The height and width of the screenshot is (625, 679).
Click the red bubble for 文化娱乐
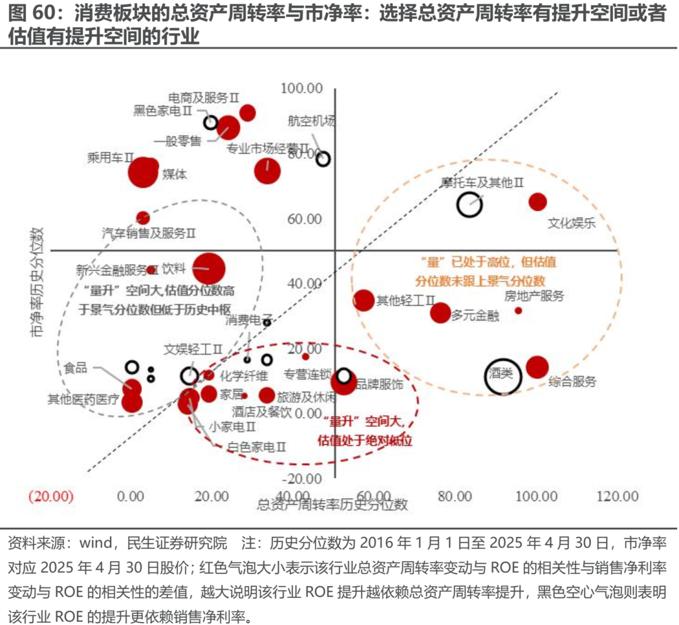538,202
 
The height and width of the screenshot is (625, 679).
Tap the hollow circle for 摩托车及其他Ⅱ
469,204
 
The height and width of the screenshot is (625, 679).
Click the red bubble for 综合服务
538,367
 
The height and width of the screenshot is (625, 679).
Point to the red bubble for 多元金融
441,312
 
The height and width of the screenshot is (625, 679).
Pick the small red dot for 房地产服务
519,310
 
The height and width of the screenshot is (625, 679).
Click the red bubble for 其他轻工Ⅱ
364,301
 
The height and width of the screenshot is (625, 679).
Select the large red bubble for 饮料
209,269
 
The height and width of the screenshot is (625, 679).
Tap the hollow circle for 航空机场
323,159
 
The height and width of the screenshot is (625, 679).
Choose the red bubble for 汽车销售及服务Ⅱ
143,218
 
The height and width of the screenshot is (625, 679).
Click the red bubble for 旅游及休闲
267,395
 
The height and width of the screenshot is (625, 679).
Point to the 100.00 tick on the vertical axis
301,87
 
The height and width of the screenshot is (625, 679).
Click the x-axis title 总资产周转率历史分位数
333,504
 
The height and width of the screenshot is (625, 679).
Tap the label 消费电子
250,320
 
